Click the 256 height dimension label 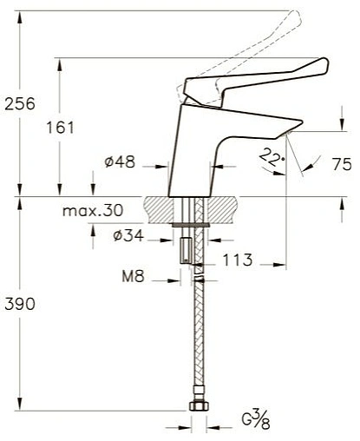(x=19, y=104)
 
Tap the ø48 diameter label (x=116, y=162)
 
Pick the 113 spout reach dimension (x=235, y=259)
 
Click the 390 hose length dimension (x=19, y=306)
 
